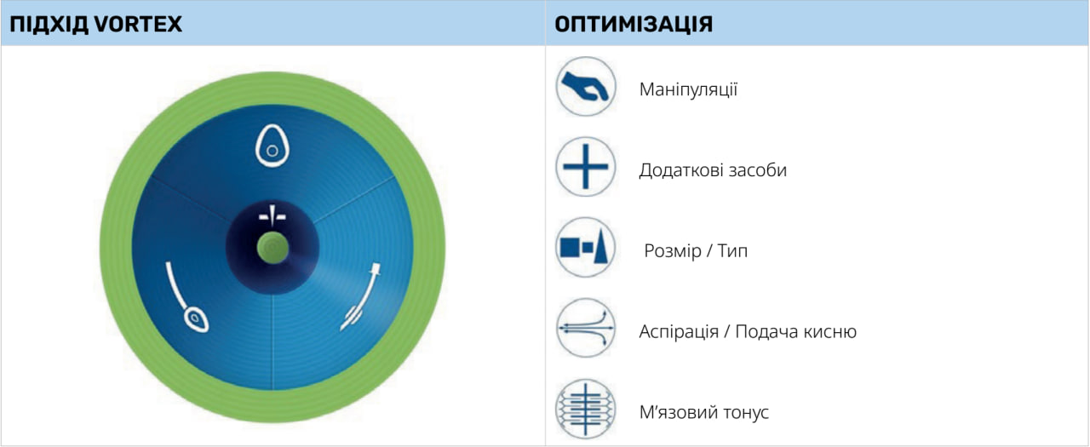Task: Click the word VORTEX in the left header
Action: [x=138, y=24]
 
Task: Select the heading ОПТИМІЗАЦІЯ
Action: [x=634, y=25]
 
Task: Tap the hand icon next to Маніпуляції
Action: [x=585, y=87]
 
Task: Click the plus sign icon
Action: [x=585, y=167]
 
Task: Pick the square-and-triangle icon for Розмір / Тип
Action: [x=585, y=247]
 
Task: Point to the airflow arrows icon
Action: [x=585, y=328]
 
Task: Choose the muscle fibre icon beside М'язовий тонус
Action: [x=585, y=409]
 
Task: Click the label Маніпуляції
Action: [x=688, y=89]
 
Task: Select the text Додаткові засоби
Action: [x=713, y=170]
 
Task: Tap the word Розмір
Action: [x=673, y=251]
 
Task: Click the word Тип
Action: [x=732, y=251]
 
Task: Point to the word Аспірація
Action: [x=679, y=332]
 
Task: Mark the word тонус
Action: [x=746, y=412]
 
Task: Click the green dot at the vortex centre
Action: [x=272, y=248]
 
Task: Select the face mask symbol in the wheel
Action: [x=272, y=146]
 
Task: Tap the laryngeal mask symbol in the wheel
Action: [x=187, y=298]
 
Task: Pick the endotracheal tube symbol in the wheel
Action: [x=360, y=296]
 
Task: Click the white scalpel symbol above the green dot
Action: [x=272, y=215]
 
